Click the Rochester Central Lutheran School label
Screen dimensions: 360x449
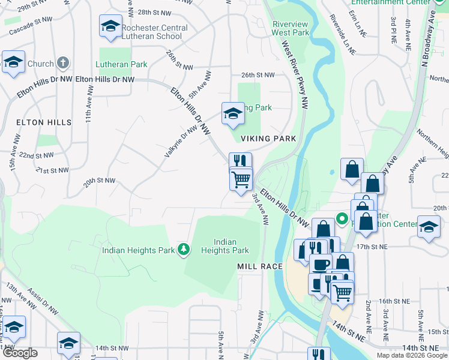click(154, 32)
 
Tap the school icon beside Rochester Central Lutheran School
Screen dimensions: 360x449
click(110, 26)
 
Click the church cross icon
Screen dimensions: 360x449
click(63, 64)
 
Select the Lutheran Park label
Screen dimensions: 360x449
click(121, 64)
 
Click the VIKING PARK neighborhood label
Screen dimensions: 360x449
click(268, 139)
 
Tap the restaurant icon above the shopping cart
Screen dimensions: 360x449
click(240, 161)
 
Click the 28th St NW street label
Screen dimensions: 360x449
click(154, 12)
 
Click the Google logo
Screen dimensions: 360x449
click(20, 353)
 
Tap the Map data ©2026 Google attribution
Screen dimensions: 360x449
click(411, 355)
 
